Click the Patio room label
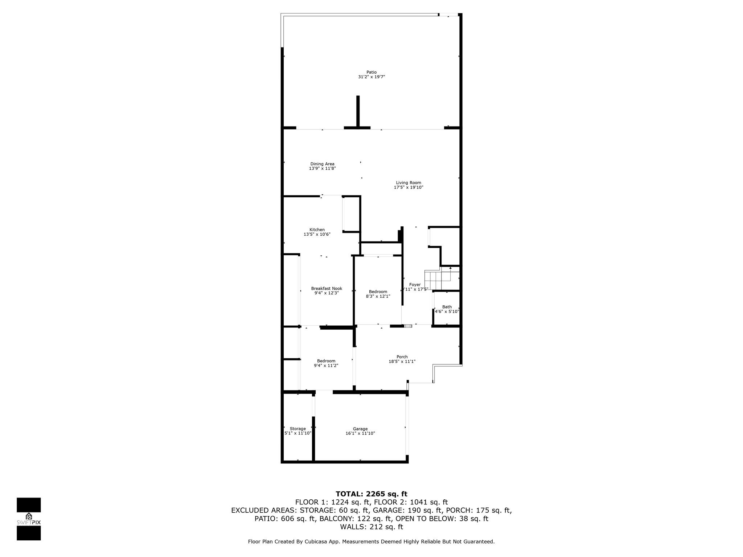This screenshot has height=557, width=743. click(371, 72)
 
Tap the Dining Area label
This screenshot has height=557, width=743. click(322, 164)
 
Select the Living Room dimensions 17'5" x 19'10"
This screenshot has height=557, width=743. click(409, 187)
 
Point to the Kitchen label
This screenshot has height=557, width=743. click(317, 230)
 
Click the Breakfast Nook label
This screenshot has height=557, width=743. click(327, 289)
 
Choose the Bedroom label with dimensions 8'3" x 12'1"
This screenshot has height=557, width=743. click(378, 292)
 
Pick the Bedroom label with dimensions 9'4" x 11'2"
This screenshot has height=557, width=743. click(326, 361)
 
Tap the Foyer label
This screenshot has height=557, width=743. click(415, 285)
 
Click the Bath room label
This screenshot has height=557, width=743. click(447, 307)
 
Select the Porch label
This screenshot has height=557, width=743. click(402, 357)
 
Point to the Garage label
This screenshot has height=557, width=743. click(360, 429)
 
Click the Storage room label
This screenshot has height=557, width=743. click(298, 429)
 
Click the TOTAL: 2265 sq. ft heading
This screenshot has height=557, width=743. click(371, 494)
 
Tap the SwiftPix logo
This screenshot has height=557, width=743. click(29, 519)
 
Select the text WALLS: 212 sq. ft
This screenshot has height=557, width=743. click(371, 527)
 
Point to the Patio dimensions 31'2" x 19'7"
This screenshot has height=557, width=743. click(371, 77)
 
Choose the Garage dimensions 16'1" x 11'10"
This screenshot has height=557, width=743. click(360, 433)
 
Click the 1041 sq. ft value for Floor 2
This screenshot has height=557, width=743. click(429, 502)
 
